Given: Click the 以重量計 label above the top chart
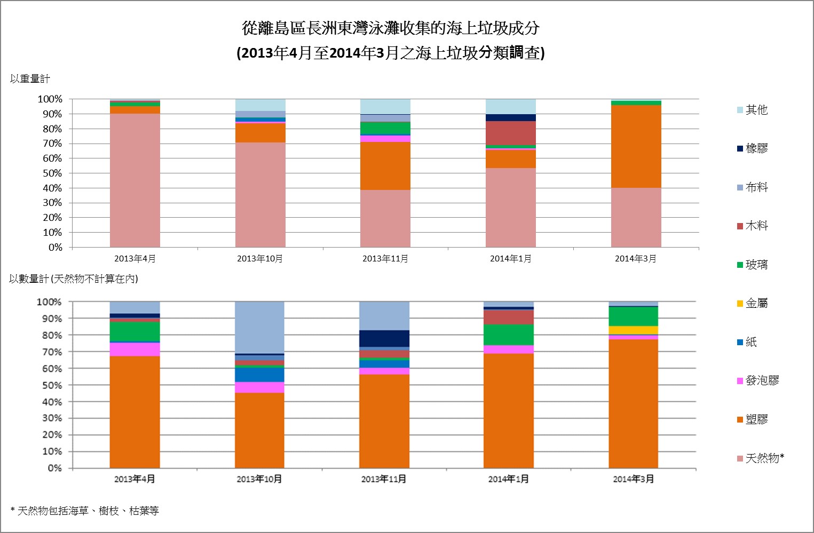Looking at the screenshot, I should [x=30, y=79].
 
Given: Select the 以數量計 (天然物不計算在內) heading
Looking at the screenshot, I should [x=74, y=279].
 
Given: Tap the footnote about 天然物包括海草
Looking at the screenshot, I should [x=85, y=511].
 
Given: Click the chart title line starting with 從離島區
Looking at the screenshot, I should [x=391, y=28].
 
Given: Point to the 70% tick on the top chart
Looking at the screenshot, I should [x=50, y=144].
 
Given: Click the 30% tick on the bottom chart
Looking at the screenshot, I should [x=52, y=418].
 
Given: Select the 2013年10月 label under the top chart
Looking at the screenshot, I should [x=260, y=259].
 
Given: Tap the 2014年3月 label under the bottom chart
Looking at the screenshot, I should [x=633, y=479].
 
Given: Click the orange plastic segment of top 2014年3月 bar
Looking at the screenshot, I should [x=636, y=146].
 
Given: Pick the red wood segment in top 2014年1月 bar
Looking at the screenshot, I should [x=510, y=133].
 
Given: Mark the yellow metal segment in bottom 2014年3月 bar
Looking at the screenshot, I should [x=633, y=330].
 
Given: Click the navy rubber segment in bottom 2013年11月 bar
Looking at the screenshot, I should [x=384, y=338].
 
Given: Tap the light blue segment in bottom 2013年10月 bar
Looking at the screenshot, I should [x=259, y=327].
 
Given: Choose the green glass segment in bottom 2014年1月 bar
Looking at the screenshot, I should [x=508, y=335].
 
